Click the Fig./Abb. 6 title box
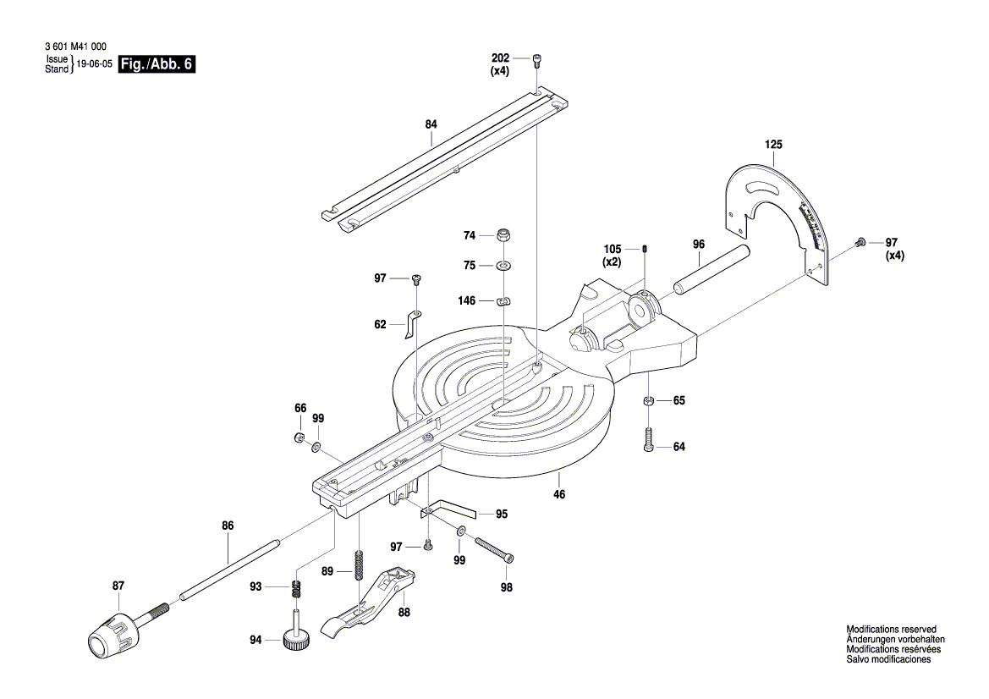pyautogui.click(x=158, y=64)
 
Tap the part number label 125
pyautogui.click(x=773, y=145)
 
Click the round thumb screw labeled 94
pyautogui.click(x=297, y=640)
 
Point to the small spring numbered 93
pyautogui.click(x=298, y=587)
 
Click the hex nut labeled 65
pyautogui.click(x=647, y=401)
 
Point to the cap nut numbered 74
pyautogui.click(x=503, y=234)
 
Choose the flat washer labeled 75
pyautogui.click(x=503, y=267)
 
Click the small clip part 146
pyautogui.click(x=503, y=300)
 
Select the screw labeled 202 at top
pyautogui.click(x=537, y=59)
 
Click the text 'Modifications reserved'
pyautogui.click(x=891, y=630)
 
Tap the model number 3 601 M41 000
pyautogui.click(x=74, y=48)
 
